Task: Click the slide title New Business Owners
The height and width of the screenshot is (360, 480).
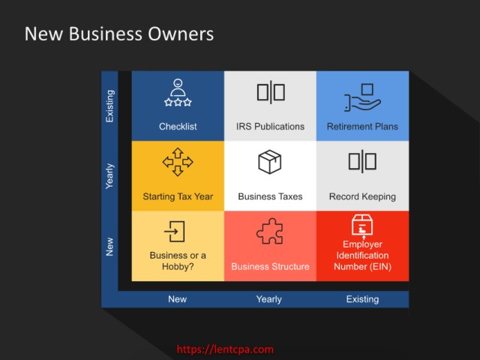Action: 119,34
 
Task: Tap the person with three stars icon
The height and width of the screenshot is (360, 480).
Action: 178,92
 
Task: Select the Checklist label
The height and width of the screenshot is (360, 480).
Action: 178,127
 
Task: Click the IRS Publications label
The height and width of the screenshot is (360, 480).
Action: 270,127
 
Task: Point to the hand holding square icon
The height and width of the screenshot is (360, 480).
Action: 362,97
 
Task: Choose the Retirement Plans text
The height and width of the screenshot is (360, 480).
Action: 362,127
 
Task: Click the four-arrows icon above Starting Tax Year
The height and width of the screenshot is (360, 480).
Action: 178,162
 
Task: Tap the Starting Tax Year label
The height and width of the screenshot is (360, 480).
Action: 178,196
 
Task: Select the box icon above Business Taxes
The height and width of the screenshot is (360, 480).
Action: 270,162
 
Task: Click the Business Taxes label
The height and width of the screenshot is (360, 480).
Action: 270,196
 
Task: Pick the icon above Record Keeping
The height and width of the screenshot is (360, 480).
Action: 362,161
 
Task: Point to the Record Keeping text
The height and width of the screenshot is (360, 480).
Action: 362,196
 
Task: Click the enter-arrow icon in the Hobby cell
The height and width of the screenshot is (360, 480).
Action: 175,232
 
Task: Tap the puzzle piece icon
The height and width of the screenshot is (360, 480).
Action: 270,231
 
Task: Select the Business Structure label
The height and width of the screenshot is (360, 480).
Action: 270,266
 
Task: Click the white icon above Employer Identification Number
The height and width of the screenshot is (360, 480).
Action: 362,226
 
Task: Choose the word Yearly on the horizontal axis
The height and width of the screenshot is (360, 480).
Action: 269,299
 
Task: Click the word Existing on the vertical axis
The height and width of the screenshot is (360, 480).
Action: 109,106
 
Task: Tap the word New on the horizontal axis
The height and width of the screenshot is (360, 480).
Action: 177,299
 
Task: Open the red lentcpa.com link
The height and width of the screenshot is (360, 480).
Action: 225,349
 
